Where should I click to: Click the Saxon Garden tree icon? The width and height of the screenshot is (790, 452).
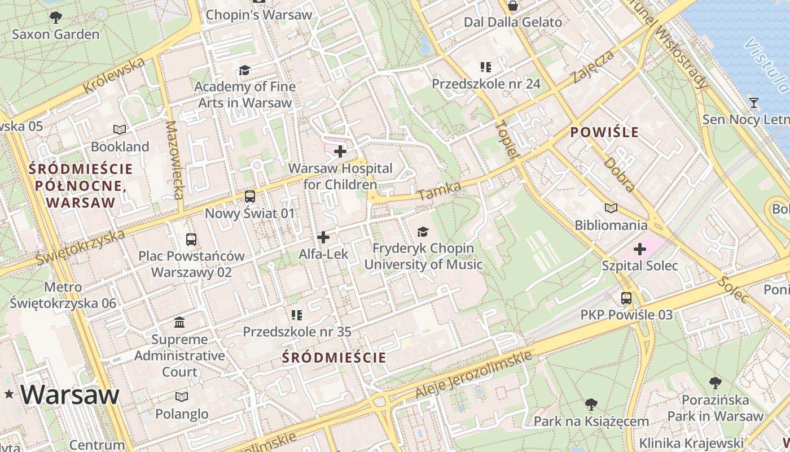tap(55, 18)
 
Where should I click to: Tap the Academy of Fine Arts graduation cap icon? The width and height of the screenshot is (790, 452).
tap(244, 70)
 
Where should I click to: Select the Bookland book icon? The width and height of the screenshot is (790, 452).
tap(120, 129)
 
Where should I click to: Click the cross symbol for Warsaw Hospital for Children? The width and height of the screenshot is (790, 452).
tap(340, 151)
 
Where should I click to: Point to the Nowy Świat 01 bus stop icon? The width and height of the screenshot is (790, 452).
tap(249, 197)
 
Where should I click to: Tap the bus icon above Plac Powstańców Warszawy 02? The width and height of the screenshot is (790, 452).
tap(191, 239)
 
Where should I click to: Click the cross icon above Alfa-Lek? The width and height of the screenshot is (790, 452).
tap(323, 237)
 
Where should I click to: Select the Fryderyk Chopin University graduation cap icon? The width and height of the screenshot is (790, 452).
tap(423, 231)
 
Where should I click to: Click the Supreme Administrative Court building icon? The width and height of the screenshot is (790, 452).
tap(179, 323)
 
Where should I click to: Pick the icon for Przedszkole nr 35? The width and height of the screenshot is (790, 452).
tap(297, 315)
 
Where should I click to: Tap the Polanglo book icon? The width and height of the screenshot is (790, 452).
tap(182, 397)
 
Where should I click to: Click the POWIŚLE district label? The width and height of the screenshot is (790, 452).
tap(604, 133)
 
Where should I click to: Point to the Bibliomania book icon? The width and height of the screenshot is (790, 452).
tap(611, 208)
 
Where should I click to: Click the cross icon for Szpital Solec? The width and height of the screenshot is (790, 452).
tap(640, 249)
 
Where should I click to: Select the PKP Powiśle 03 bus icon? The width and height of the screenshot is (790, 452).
tap(626, 298)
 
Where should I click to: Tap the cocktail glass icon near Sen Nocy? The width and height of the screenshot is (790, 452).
tap(753, 103)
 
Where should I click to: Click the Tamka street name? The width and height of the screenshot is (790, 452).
tap(440, 190)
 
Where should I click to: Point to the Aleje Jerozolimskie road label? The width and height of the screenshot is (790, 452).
tap(474, 374)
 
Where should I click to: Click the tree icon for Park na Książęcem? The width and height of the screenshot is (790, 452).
tap(591, 405)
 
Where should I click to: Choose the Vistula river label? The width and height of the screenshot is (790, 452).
tap(767, 65)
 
